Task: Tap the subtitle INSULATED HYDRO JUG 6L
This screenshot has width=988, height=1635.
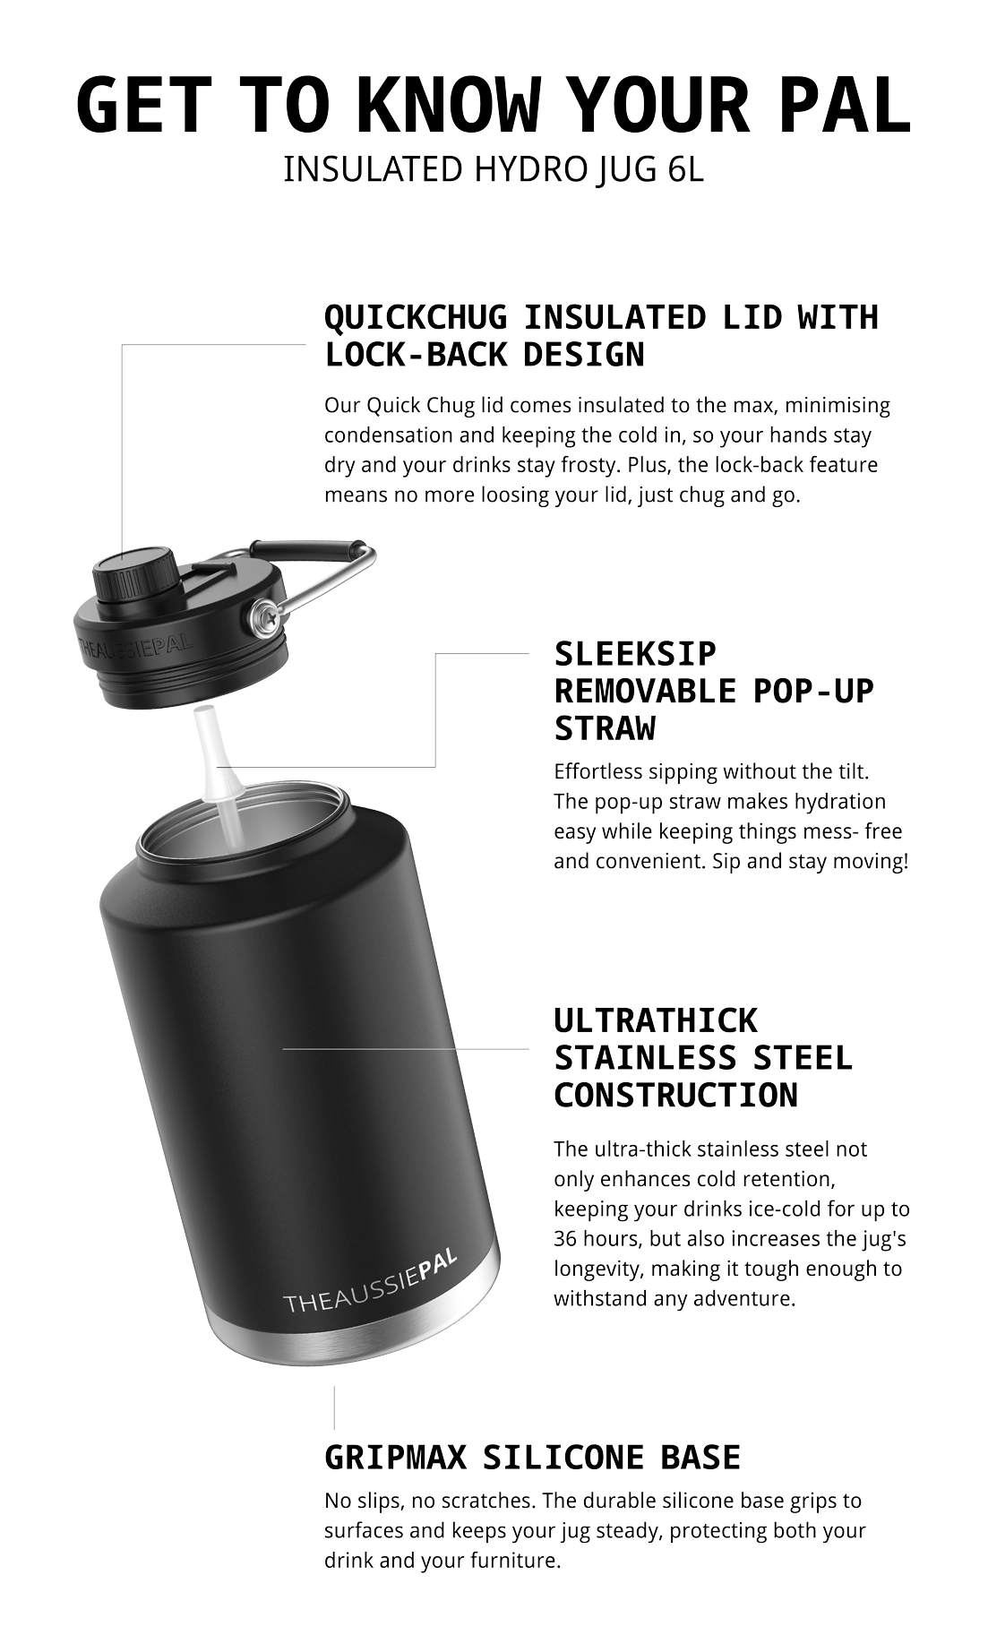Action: (x=494, y=169)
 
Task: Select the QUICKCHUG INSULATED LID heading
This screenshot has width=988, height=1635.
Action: (x=601, y=336)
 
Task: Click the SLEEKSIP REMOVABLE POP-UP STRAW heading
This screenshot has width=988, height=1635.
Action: (x=714, y=691)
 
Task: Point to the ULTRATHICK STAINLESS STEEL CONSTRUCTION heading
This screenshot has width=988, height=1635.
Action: (x=703, y=1058)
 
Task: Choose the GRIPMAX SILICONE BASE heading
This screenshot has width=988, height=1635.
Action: (x=532, y=1458)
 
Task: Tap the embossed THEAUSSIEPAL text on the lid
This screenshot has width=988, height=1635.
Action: (x=135, y=648)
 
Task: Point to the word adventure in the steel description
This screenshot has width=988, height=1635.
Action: (x=750, y=1299)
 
